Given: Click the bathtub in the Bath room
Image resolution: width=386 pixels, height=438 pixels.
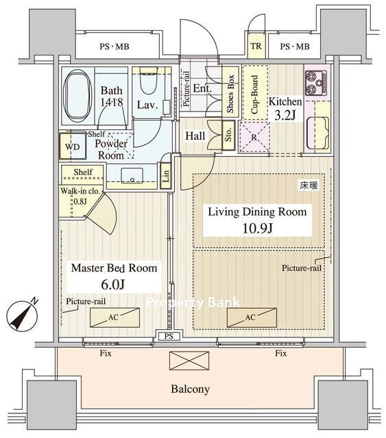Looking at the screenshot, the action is (77, 96).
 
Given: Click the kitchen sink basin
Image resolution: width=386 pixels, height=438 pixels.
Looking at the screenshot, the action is (317, 133).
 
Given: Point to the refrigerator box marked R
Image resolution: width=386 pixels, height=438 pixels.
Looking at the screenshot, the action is (254, 137).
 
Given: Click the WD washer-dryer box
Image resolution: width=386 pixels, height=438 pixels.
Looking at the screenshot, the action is (72, 146).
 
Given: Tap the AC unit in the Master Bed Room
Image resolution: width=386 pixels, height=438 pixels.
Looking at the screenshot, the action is (114, 318).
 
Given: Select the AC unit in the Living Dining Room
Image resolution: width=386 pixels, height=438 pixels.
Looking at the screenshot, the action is (252, 318).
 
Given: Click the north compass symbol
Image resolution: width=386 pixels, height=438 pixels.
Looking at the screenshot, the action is (22, 317).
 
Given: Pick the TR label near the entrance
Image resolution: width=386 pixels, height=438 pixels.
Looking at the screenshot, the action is (256, 46).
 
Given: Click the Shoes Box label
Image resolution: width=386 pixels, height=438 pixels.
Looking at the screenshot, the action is (230, 94).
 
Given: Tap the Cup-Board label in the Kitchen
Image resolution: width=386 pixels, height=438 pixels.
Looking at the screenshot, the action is (254, 94).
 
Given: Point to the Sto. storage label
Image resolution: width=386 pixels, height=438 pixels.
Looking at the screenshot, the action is (228, 136).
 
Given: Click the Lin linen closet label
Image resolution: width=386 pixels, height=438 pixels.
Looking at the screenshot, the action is (166, 177).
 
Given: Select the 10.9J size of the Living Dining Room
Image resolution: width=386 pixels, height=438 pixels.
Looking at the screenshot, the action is (257, 229).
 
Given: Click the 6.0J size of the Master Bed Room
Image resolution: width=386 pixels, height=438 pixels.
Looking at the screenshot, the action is (113, 285).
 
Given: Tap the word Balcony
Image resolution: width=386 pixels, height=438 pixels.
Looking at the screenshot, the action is (191, 389).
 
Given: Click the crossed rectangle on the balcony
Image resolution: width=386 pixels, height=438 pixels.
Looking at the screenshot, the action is (189, 361).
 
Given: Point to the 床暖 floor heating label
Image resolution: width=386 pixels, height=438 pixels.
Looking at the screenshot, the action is (309, 185).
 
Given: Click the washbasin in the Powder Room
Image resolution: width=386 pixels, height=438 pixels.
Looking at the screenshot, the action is (132, 175).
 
